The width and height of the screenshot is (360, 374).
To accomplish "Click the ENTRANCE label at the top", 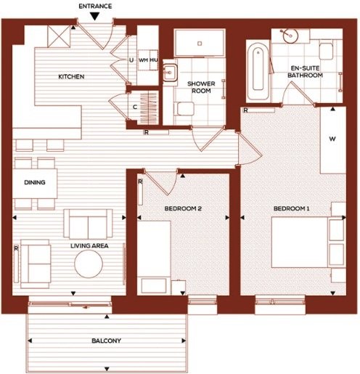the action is click(95, 6).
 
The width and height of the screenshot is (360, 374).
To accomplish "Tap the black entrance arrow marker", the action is click(95, 17).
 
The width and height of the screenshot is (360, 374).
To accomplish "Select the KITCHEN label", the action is click(71, 77).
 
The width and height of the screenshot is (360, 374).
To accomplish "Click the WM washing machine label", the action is click(144, 60).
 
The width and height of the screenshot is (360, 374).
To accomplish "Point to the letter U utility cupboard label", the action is click(131, 60).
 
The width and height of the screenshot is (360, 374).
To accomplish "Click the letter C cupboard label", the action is click(135, 107).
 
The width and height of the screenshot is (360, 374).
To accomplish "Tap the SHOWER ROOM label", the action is click(201, 87).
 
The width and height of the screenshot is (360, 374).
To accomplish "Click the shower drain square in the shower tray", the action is click(200, 44).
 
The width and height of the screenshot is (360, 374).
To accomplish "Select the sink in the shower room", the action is click(171, 73).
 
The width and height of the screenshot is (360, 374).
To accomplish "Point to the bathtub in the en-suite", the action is click(258, 71).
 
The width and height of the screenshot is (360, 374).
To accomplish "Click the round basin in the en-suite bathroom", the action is click(290, 36).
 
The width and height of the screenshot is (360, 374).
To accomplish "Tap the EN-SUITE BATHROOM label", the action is click(305, 72).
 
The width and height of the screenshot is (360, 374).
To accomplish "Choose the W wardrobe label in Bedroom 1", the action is click(332, 139).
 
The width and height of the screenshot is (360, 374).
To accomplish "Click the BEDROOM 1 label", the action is click(291, 208).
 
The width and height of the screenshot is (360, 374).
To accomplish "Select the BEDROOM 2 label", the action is click(183, 208).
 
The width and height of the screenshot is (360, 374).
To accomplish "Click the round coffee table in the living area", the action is click(89, 264).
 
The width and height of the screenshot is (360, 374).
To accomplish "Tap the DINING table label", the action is click(35, 182).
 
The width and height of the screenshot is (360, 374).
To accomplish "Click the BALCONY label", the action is click(106, 341).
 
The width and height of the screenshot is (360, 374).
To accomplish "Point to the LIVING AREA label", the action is click(89, 245).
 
